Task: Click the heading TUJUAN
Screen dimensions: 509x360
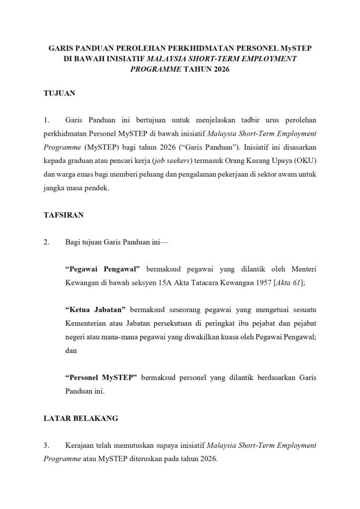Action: pos(59,93)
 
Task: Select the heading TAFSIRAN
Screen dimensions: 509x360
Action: pos(64,215)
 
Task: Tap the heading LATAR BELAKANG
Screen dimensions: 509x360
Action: pos(81,418)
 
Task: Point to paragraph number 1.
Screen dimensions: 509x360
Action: pos(47,120)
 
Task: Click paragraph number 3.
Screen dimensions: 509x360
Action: pos(47,445)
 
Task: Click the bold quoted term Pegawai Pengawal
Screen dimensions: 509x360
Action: pos(103,269)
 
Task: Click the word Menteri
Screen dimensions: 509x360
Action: pos(303,269)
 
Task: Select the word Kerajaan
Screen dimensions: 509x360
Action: pos(80,445)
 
